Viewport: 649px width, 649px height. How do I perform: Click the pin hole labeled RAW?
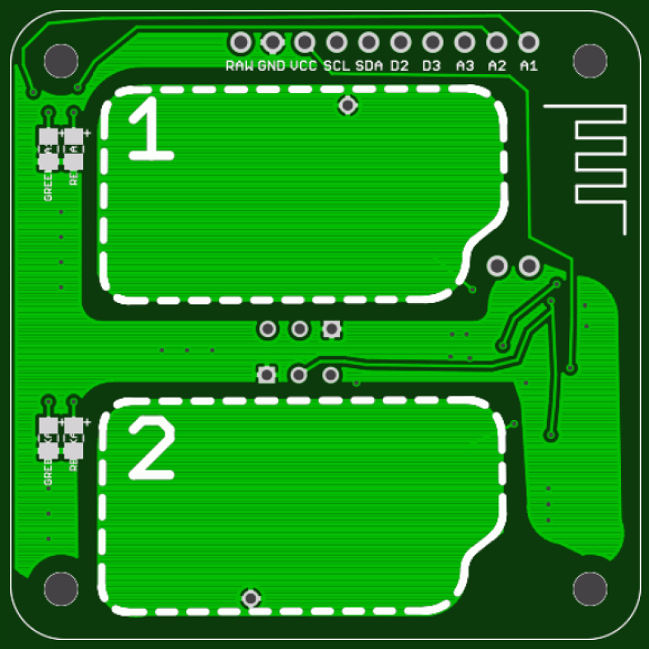[240, 42]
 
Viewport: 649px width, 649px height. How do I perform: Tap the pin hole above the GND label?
[273, 42]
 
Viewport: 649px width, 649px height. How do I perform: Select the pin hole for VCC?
[305, 42]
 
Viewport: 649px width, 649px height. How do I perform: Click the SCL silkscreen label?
[336, 66]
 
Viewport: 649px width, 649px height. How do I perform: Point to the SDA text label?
[368, 66]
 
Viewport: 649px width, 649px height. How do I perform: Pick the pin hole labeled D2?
[400, 42]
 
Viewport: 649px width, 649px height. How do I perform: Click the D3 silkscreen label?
[432, 66]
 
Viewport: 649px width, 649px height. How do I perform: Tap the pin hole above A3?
[464, 42]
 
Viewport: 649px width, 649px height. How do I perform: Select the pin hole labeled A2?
[496, 42]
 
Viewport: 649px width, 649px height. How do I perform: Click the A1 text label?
[528, 66]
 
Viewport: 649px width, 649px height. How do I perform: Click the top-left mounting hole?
[61, 59]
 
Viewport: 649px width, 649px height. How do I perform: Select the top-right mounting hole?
[590, 59]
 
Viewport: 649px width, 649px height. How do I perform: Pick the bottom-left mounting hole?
[61, 589]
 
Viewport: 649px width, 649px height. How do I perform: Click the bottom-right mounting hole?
[590, 589]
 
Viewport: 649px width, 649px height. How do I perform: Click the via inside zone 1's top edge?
[348, 105]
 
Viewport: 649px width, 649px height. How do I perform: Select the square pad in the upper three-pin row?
[331, 329]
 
